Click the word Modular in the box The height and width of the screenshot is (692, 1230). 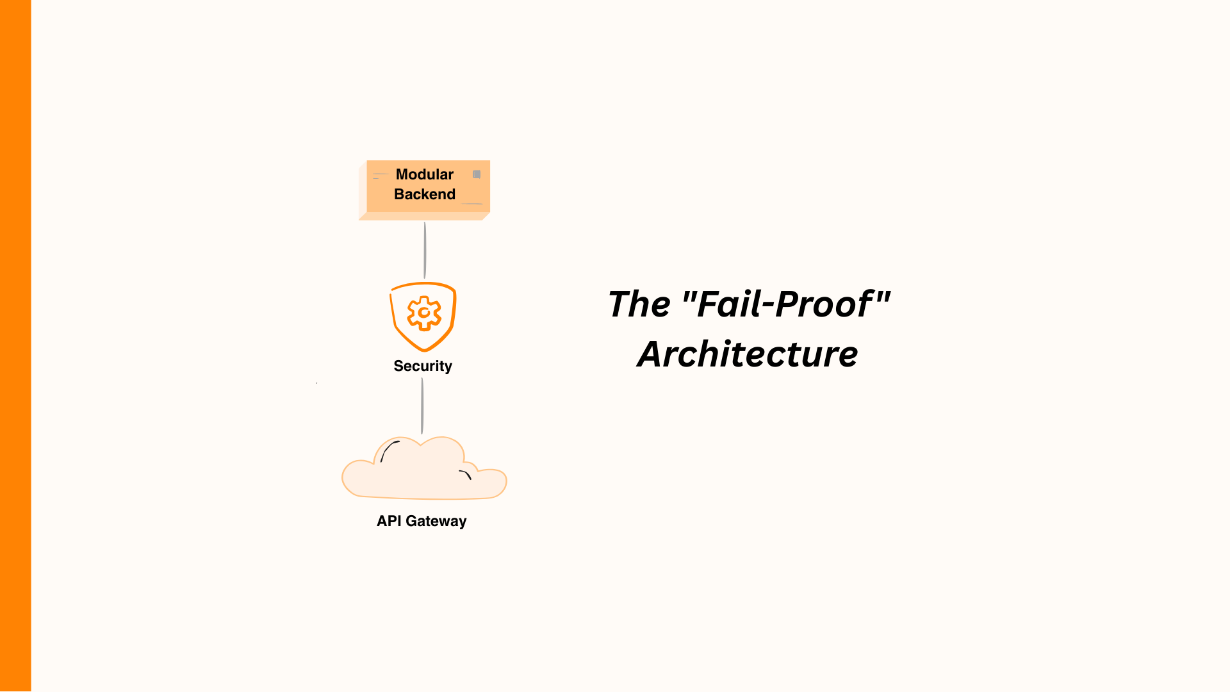click(424, 174)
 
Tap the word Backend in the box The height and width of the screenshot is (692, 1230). click(424, 194)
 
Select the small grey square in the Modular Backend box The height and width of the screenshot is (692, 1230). click(477, 174)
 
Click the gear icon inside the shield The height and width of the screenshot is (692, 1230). click(423, 313)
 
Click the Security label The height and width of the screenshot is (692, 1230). click(423, 366)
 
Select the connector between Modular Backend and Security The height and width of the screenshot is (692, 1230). click(425, 250)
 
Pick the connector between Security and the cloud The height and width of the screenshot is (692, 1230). click(422, 406)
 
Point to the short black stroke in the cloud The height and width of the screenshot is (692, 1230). click(466, 474)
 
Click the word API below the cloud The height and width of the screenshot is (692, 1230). click(389, 521)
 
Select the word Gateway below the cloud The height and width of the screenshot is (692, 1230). click(436, 522)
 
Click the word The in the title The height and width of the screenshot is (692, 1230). click(639, 304)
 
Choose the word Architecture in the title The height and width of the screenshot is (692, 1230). click(747, 354)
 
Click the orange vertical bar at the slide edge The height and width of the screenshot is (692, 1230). click(15, 346)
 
